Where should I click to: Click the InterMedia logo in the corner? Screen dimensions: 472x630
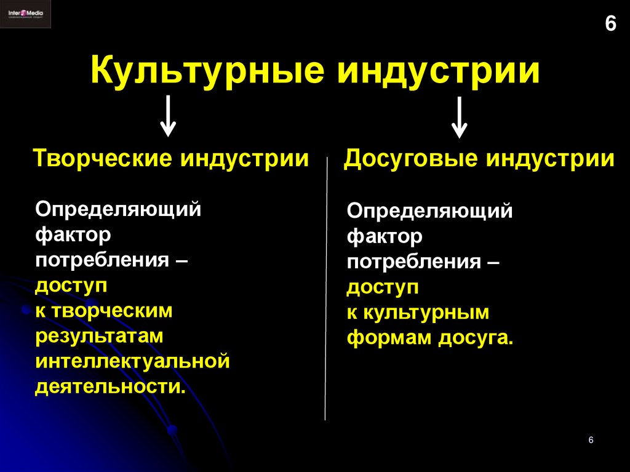(25, 14)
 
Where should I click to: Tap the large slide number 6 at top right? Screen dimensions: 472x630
(610, 24)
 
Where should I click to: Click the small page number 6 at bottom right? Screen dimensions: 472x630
(591, 440)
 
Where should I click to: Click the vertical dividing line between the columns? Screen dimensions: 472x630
(326, 289)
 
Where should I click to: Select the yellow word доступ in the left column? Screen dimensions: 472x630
(71, 286)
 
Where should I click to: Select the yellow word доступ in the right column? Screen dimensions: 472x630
(383, 287)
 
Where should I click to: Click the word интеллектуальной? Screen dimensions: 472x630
(132, 361)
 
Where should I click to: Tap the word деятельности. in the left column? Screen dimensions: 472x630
(110, 386)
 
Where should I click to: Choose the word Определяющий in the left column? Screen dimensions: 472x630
(118, 209)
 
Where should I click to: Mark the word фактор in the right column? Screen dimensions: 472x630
(385, 236)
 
